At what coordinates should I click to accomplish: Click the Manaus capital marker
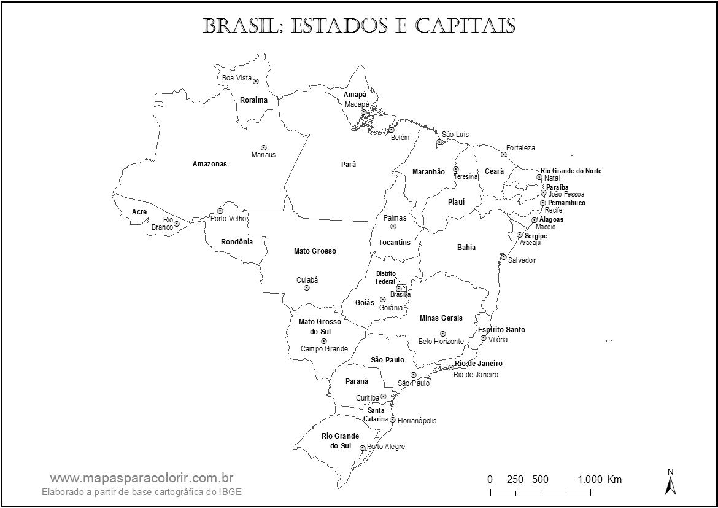pos(263,147)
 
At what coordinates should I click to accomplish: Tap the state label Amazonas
pos(209,164)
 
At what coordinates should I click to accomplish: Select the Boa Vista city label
pos(237,78)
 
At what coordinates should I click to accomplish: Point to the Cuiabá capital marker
pos(307,287)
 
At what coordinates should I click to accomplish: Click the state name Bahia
pos(466,248)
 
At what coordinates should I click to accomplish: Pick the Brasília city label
pos(400,295)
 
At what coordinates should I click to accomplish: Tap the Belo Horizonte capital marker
pos(442,334)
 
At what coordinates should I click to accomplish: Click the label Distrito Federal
pos(386,277)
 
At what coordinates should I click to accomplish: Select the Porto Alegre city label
pos(386,447)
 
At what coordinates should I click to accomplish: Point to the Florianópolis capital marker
pos(393,420)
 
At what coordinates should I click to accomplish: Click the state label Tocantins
pos(394,243)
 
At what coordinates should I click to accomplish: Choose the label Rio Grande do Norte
pos(571,171)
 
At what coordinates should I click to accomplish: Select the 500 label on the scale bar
pos(540,479)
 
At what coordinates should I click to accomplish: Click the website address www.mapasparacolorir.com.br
pos(141,478)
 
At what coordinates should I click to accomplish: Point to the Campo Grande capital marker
pos(323,341)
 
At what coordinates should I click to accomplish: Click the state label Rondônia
pos(237,242)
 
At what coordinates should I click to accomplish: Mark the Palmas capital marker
pos(393,226)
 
